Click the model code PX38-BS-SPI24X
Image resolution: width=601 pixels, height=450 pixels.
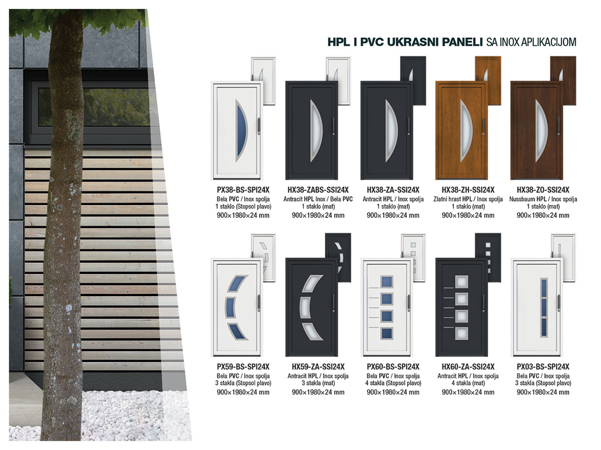(243, 190)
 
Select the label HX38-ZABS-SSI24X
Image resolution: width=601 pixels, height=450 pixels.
(318, 190)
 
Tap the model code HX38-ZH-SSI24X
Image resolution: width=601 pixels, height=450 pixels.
(468, 190)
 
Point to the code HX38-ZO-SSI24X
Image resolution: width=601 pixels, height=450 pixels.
(543, 190)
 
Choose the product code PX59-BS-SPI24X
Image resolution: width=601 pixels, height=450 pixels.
(243, 366)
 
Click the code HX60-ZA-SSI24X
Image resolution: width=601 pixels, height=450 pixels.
(468, 366)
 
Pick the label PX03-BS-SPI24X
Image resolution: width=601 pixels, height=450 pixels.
(543, 366)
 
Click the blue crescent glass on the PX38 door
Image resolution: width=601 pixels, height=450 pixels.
(242, 131)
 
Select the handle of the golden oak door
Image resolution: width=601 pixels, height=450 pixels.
(484, 126)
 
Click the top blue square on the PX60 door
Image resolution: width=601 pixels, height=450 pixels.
(386, 282)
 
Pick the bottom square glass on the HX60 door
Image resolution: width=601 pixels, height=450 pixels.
(462, 333)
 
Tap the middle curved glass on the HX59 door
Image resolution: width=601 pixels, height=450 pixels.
(306, 308)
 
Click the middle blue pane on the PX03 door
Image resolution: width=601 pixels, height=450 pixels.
(544, 307)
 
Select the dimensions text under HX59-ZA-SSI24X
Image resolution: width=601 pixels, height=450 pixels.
(318, 392)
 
